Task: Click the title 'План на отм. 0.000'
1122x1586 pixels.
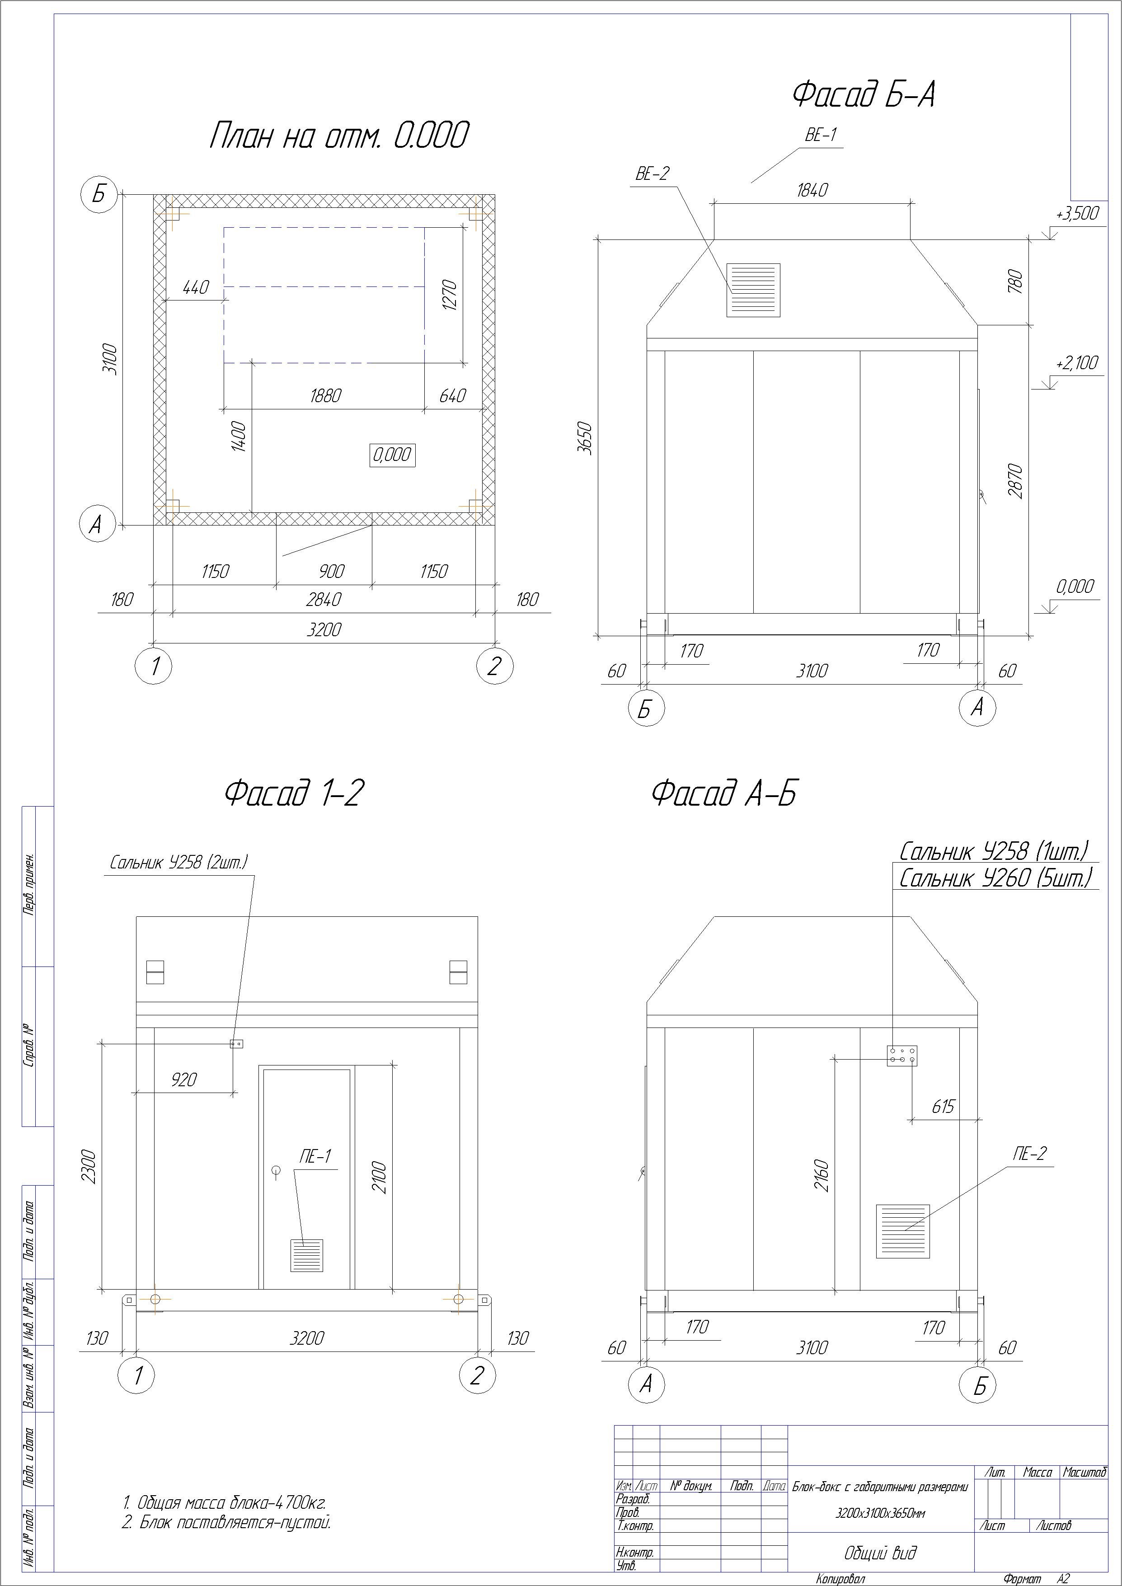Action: [338, 136]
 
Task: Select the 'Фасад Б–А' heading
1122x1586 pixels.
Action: [864, 94]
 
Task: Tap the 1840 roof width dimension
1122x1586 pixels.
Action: [812, 190]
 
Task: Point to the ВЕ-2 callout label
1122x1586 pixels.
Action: [652, 174]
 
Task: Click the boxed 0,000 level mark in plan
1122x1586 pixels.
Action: [392, 455]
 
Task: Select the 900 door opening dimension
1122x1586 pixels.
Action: [332, 571]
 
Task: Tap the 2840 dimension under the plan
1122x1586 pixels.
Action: [324, 600]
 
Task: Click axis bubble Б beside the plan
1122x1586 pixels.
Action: [99, 194]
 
